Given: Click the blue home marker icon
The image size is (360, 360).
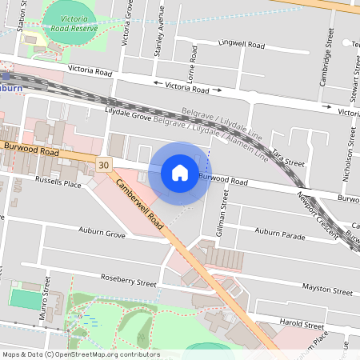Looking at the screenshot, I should [180, 172].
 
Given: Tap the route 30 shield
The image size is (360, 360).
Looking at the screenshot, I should [103, 163].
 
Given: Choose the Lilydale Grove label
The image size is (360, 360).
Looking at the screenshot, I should [128, 117].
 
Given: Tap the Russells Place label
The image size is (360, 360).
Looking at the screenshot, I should [58, 183].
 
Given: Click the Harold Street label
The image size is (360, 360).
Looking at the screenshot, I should [302, 326].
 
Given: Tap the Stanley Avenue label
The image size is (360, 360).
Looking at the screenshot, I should [160, 40].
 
